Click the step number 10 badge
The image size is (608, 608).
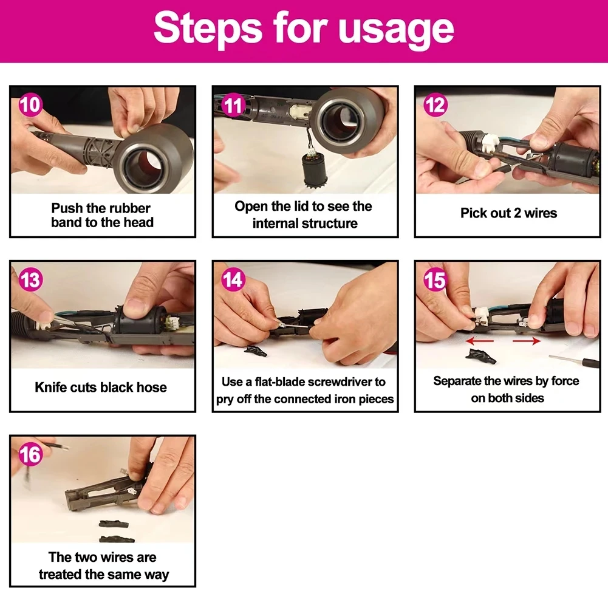pyautogui.click(x=30, y=104)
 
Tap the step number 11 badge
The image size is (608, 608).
pyautogui.click(x=233, y=105)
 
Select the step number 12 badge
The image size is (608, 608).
pyautogui.click(x=436, y=105)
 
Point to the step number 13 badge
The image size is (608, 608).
pyautogui.click(x=30, y=280)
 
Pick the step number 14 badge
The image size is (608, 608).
pyautogui.click(x=233, y=279)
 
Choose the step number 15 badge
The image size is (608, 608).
pyautogui.click(x=435, y=279)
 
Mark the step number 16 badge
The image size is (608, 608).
pyautogui.click(x=30, y=454)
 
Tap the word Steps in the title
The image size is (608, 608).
pyautogui.click(x=208, y=27)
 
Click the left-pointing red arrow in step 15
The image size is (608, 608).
pyautogui.click(x=479, y=341)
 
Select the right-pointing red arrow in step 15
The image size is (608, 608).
pyautogui.click(x=527, y=341)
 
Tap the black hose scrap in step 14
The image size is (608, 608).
pyautogui.click(x=256, y=351)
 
